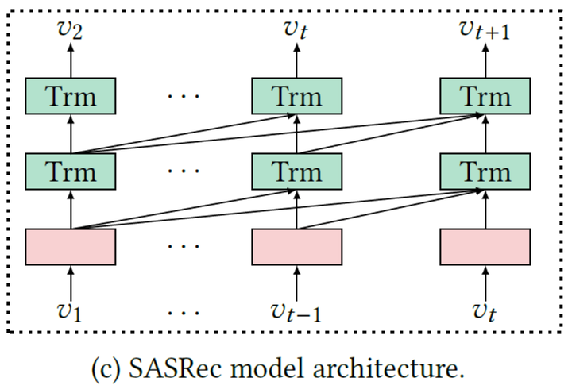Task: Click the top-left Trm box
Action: click(71, 96)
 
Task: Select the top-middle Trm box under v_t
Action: click(297, 96)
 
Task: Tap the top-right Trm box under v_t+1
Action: click(485, 96)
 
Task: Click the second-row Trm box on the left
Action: click(71, 171)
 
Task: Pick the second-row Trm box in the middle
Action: click(297, 171)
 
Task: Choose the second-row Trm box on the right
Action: click(485, 171)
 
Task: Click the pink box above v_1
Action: click(71, 246)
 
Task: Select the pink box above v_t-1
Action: click(297, 246)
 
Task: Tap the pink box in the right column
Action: click(485, 246)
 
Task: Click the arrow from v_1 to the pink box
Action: click(71, 281)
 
